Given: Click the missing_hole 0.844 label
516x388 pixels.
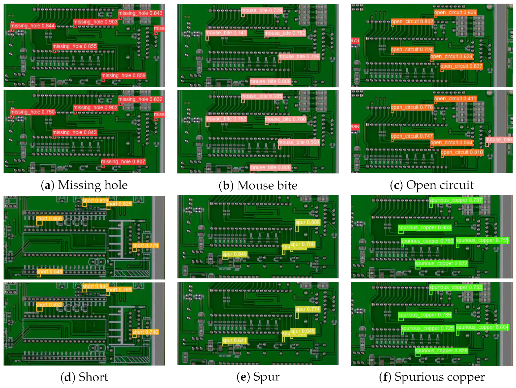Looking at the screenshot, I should [x=32, y=26].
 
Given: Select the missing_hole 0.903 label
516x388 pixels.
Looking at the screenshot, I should [x=95, y=22].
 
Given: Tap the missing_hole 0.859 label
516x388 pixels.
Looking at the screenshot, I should [x=124, y=75].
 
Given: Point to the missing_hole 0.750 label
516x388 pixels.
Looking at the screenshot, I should [x=32, y=112].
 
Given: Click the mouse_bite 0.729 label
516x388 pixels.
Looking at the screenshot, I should [x=262, y=10].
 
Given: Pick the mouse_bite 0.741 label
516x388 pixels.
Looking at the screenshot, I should [x=226, y=33].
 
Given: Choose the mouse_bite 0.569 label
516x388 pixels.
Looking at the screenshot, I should [x=299, y=142].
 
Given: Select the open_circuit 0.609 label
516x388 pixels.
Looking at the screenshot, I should [x=455, y=13].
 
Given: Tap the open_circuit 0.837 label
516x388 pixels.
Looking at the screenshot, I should [x=461, y=66].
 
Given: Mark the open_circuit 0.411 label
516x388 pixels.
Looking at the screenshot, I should [x=455, y=99].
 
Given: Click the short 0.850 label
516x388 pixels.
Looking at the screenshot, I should [x=49, y=219].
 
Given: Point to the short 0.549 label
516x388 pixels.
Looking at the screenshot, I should [x=50, y=272].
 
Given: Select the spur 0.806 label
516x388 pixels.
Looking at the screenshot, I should [x=308, y=222].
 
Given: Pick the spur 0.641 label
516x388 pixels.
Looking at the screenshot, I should [x=235, y=340].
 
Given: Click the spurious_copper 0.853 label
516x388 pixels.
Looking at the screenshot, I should [x=424, y=228].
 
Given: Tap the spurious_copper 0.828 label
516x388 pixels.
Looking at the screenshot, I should [x=441, y=351].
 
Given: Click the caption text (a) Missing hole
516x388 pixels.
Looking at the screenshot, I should [x=84, y=185].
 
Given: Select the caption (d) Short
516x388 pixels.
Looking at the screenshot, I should [x=84, y=377].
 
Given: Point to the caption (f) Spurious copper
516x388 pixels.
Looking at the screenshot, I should [x=432, y=377].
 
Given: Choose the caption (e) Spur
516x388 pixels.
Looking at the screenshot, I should [x=258, y=377].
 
